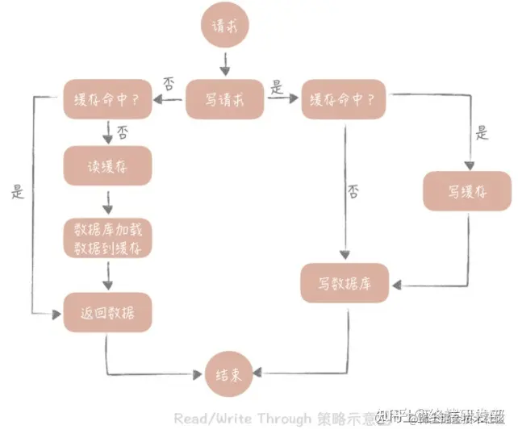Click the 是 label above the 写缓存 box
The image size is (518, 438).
[x=482, y=133]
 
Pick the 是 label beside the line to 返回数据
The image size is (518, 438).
[x=18, y=192]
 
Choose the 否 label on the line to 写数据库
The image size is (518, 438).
[x=353, y=191]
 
